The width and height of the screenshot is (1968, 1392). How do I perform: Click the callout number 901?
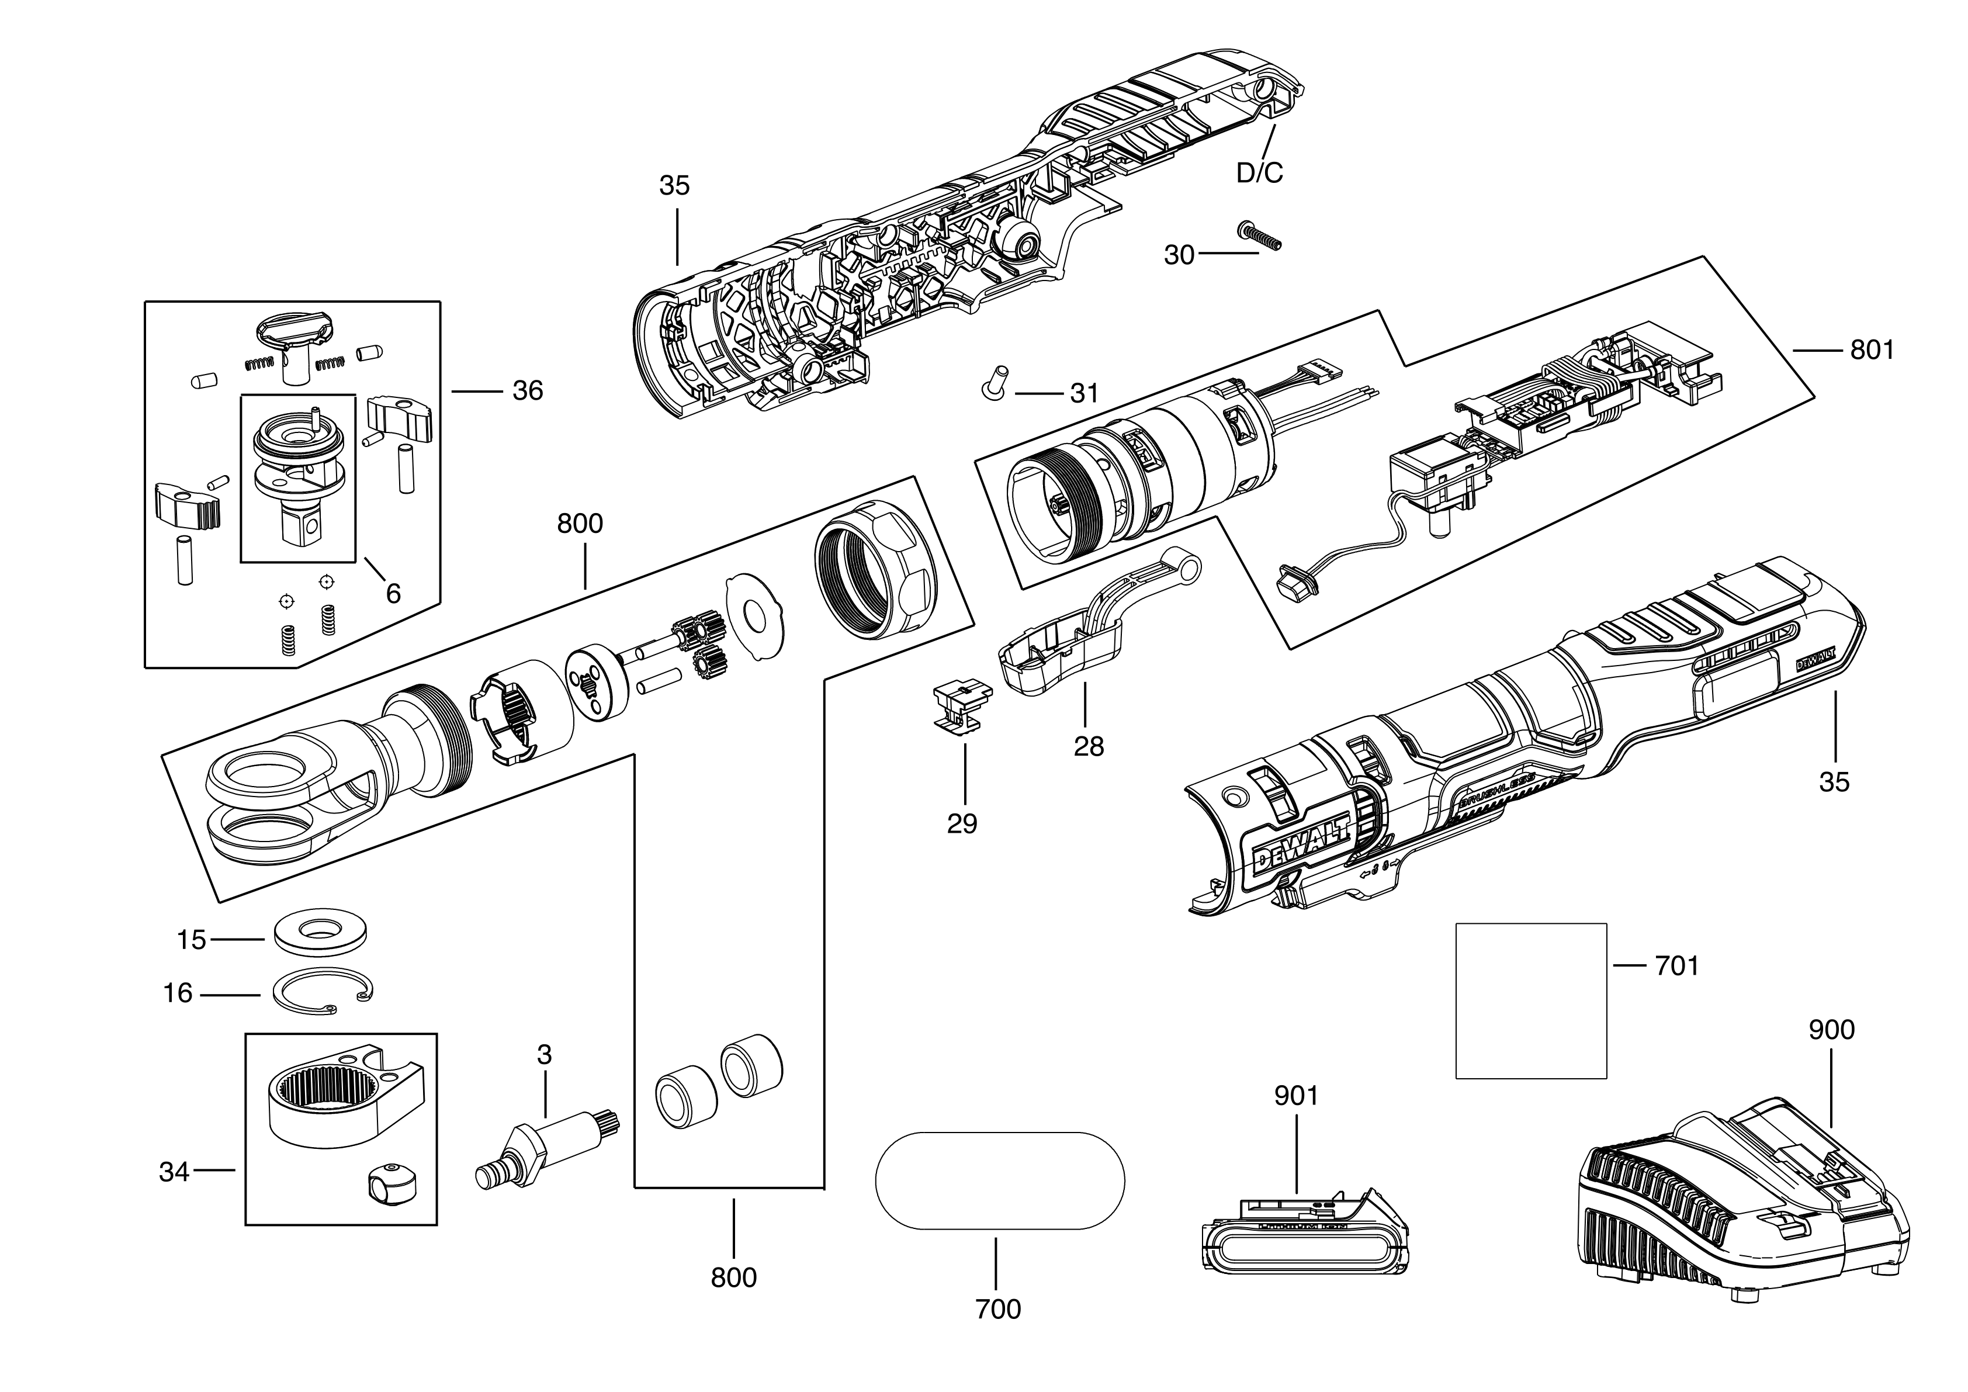click(x=1296, y=1096)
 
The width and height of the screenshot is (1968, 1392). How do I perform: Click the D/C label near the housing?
click(x=1259, y=173)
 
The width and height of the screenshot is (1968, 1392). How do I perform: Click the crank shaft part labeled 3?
click(x=547, y=1146)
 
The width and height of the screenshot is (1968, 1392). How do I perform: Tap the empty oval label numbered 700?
click(x=999, y=1181)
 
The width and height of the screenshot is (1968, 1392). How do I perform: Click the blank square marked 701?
click(x=1531, y=1000)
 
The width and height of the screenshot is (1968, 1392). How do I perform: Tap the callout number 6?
click(x=393, y=593)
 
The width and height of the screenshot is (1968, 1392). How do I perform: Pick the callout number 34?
click(x=174, y=1172)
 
